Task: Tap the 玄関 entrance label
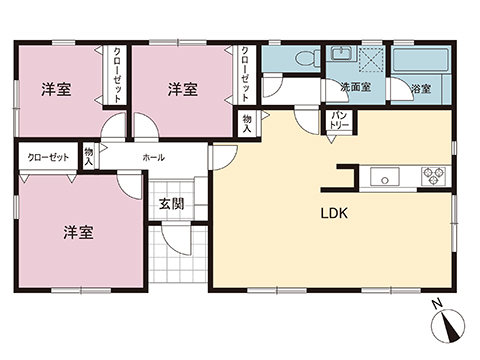click(x=170, y=204)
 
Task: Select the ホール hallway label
click(x=154, y=158)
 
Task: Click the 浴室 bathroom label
click(x=421, y=89)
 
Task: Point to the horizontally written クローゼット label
click(x=48, y=158)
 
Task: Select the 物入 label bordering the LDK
click(x=247, y=122)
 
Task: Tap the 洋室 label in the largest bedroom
click(x=79, y=232)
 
